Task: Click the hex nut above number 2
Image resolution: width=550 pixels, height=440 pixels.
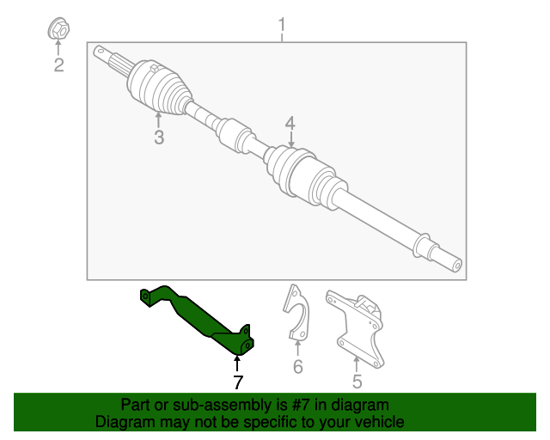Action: click(x=58, y=29)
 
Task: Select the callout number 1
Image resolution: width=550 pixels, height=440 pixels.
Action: click(x=282, y=25)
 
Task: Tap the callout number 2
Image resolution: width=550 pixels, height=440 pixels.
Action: click(x=58, y=65)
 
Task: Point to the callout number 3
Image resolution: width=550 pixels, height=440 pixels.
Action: click(x=159, y=137)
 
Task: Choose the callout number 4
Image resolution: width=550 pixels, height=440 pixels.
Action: click(x=290, y=124)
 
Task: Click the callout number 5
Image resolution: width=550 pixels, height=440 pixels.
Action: click(x=357, y=382)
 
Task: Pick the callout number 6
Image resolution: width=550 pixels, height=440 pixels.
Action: click(x=298, y=367)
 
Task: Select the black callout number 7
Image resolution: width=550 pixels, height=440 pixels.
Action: click(x=238, y=382)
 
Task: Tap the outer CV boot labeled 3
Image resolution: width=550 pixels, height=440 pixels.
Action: click(x=160, y=88)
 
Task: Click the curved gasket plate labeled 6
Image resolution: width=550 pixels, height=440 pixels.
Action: click(x=296, y=312)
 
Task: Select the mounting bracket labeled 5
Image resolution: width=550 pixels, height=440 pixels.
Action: click(x=355, y=328)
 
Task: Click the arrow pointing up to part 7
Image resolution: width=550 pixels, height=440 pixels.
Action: click(x=237, y=364)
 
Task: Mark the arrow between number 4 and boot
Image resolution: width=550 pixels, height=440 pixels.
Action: click(x=290, y=139)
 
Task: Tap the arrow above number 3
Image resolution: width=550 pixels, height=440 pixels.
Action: click(x=158, y=120)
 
